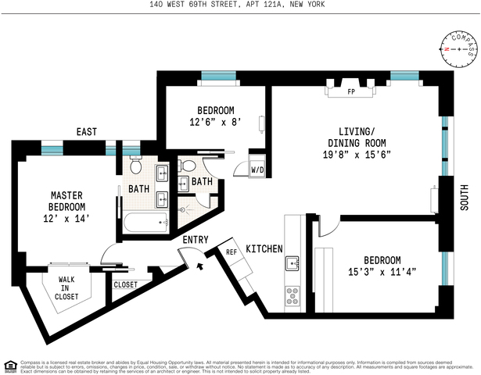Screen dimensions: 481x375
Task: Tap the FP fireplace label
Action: tap(351, 91)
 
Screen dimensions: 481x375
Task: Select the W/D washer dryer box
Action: tap(257, 170)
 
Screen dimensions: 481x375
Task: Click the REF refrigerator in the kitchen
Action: tap(232, 252)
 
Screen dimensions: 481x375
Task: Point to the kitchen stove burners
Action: tap(293, 295)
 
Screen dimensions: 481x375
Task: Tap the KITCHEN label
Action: tap(264, 249)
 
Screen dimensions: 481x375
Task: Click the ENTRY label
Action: tap(196, 240)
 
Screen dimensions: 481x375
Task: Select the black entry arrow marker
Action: tap(201, 266)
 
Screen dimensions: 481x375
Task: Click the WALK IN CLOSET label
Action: tap(66, 287)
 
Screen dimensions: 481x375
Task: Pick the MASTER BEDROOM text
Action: tap(67, 201)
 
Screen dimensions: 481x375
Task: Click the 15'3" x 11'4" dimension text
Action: tap(382, 273)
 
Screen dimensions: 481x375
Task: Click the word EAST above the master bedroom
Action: tap(87, 132)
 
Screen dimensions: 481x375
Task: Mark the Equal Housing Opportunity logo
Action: tap(10, 363)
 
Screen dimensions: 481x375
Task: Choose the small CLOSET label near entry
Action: tap(125, 284)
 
